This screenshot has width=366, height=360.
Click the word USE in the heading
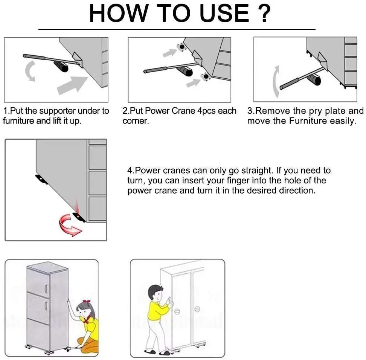tap(224, 13)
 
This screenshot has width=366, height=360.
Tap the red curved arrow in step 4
tap(69, 225)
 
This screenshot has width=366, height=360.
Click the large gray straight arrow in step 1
tap(72, 85)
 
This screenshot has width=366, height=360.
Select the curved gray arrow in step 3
tap(276, 82)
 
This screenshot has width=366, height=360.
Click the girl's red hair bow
tap(87, 301)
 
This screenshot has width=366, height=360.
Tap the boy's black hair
tap(154, 291)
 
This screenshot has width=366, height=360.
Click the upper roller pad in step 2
tap(181, 47)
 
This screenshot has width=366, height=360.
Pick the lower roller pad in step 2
tap(206, 76)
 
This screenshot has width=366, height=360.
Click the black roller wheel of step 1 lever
tap(61, 66)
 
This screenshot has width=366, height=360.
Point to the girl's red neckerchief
tap(87, 318)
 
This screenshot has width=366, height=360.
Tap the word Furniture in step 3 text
tap(308, 121)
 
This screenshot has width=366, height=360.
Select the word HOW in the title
tap(119, 13)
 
